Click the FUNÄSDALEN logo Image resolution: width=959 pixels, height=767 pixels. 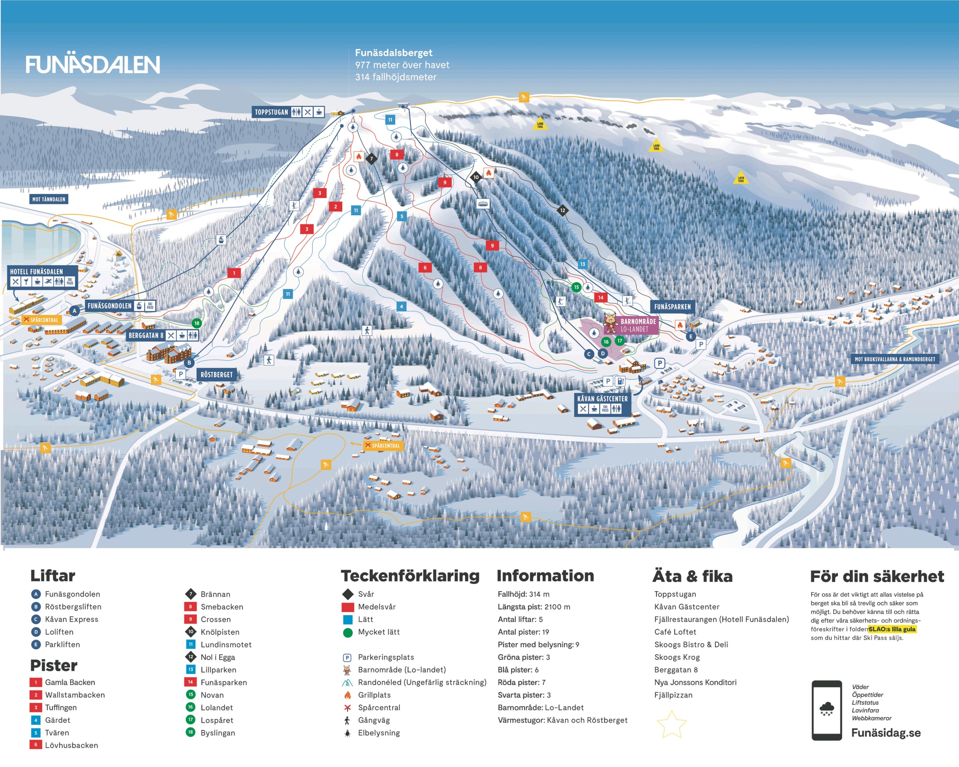92,65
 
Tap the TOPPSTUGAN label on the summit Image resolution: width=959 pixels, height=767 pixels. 271,112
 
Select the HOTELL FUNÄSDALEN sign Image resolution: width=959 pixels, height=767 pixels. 37,272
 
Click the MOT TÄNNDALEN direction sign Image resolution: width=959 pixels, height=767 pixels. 49,199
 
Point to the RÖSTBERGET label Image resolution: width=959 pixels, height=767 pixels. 216,374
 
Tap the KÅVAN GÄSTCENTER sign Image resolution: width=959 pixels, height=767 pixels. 602,399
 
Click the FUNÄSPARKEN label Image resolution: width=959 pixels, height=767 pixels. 672,307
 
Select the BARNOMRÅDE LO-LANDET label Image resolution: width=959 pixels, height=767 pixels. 638,325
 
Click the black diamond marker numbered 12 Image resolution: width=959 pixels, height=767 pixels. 563,210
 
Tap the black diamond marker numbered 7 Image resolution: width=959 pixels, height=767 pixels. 372,159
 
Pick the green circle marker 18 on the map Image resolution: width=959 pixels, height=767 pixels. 197,323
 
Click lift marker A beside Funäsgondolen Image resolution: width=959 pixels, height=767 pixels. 75,311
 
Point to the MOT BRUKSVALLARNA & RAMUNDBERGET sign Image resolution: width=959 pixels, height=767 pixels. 894,359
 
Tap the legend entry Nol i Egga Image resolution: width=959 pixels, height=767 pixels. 217,657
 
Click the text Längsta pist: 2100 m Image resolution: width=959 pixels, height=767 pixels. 534,607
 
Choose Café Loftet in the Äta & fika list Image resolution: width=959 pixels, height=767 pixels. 675,632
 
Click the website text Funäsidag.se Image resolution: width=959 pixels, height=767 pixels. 885,733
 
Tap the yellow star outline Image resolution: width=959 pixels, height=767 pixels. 671,725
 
